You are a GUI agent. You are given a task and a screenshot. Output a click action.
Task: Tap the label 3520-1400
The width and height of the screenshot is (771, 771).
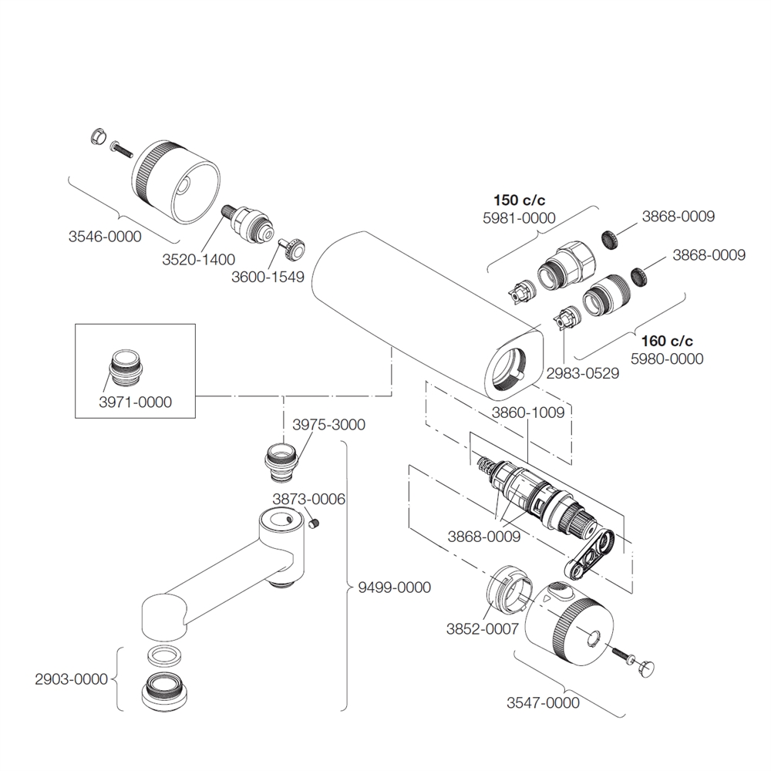pos(199,260)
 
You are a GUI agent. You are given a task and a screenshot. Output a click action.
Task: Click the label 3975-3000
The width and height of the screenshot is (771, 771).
pos(328,425)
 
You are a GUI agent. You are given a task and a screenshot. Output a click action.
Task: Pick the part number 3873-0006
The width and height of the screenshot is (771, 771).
pos(308,499)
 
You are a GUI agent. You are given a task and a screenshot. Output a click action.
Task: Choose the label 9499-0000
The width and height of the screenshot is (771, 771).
pos(394,588)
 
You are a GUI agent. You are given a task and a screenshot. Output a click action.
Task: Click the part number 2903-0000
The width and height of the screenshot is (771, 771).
pos(71,679)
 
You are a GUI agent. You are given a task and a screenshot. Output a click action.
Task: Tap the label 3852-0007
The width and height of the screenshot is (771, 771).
pos(482,628)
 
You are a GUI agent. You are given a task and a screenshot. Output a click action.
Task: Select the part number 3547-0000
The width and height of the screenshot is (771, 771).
pos(543,702)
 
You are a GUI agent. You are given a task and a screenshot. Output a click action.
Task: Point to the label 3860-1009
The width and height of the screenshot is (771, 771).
pos(528,412)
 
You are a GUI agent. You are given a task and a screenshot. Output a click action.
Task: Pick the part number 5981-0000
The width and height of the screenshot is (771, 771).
pos(519,218)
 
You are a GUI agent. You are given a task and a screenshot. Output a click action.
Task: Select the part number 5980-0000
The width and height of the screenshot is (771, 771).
pos(667,359)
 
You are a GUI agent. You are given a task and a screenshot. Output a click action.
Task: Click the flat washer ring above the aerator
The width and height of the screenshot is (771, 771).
pos(163,656)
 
